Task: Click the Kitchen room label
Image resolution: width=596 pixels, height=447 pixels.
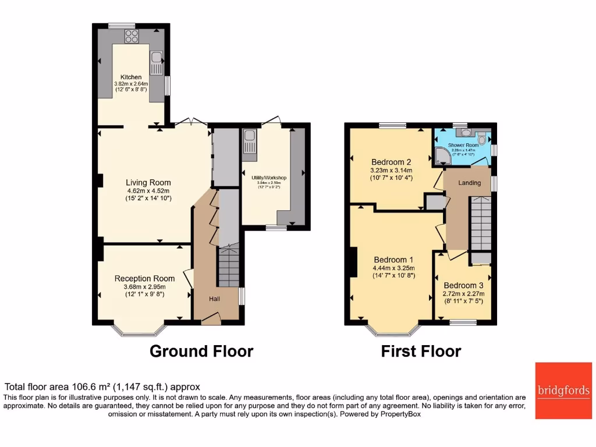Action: point(131,77)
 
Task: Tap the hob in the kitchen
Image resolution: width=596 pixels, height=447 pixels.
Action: point(132,36)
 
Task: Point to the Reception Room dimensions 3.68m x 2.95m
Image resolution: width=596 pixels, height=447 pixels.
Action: point(144,286)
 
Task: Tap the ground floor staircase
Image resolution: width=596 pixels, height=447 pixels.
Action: point(229,265)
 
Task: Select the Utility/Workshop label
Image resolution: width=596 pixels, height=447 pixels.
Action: point(269,177)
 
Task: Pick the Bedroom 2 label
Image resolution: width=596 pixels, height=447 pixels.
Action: point(392,162)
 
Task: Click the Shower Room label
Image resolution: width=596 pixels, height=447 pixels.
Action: point(463,145)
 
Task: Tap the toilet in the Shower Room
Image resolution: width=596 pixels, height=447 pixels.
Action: point(481,138)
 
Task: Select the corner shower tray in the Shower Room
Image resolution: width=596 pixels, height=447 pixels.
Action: point(442,155)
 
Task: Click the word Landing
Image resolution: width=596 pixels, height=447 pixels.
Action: point(470,183)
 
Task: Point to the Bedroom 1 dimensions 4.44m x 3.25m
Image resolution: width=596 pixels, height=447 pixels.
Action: point(394,268)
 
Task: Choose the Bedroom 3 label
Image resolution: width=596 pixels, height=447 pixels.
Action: point(463,285)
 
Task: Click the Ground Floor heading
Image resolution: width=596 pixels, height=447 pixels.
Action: point(201,352)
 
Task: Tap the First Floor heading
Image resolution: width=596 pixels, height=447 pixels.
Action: point(421,352)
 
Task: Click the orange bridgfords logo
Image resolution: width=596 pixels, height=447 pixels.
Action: point(562,391)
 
